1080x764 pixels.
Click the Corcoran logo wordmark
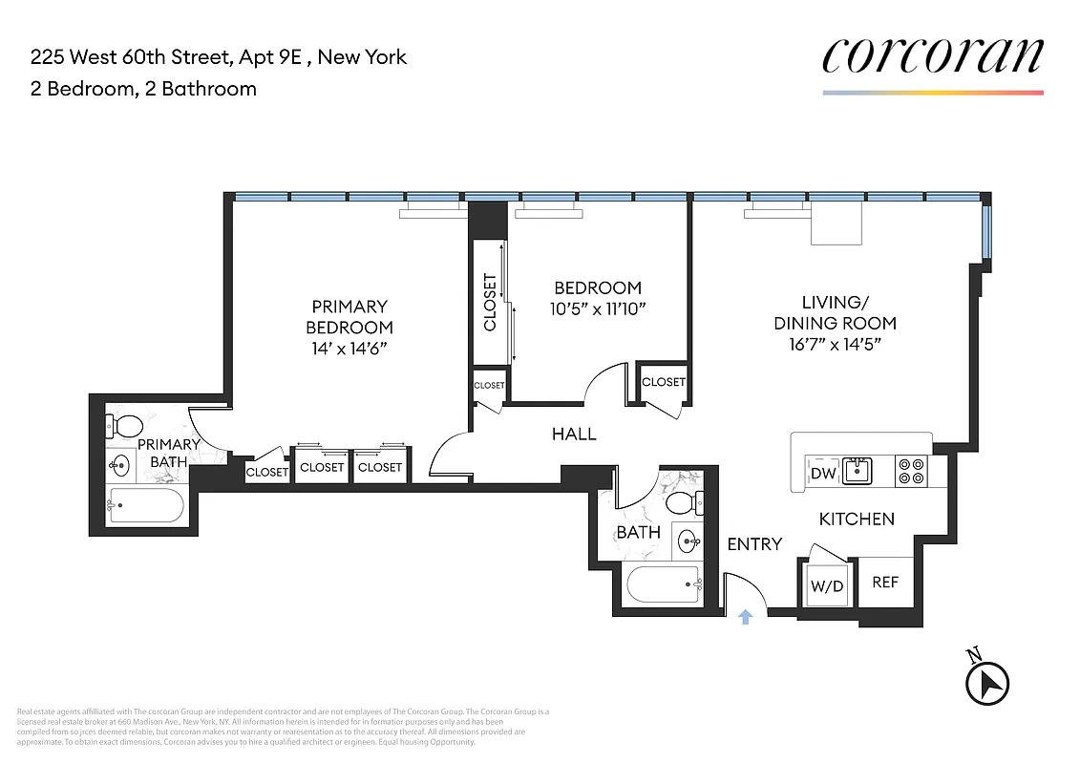tap(932, 56)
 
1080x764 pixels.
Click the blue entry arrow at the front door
tap(746, 617)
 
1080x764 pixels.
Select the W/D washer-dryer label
tap(827, 585)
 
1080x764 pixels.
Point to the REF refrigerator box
tap(885, 582)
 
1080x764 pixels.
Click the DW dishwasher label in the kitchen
tap(822, 474)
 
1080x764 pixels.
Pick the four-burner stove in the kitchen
tap(912, 471)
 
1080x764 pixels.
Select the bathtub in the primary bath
tap(146, 507)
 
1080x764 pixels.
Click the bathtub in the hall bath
tap(663, 582)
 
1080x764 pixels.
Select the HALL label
tap(574, 435)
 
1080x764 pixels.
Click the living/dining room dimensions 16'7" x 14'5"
tap(835, 345)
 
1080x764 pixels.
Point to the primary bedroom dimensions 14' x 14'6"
tap(349, 349)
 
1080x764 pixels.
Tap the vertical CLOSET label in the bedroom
tap(490, 303)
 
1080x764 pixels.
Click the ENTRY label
tap(754, 544)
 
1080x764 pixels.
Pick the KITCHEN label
tap(857, 520)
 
